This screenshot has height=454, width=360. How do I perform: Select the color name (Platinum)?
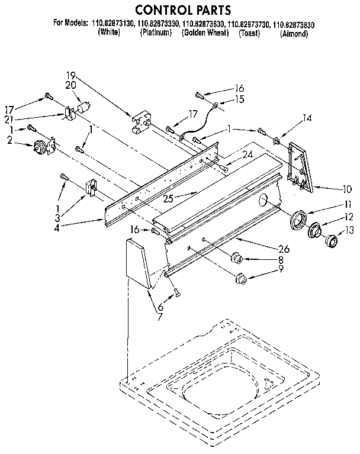click(156, 33)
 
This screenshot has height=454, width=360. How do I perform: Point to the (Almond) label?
click(294, 34)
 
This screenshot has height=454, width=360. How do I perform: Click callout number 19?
click(71, 75)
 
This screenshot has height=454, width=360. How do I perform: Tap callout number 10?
click(347, 189)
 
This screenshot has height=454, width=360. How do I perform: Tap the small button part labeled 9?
click(240, 278)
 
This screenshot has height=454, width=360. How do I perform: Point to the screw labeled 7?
click(175, 291)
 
